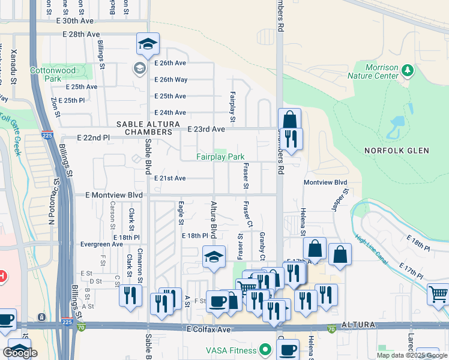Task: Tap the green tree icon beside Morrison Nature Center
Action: pos(408,71)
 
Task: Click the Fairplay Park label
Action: pos(220,157)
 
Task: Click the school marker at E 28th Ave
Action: pos(148,44)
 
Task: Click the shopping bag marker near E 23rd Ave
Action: pos(289,118)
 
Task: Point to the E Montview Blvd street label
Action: pos(114,196)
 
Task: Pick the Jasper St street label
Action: pos(340,201)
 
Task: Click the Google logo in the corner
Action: pos(20,353)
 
